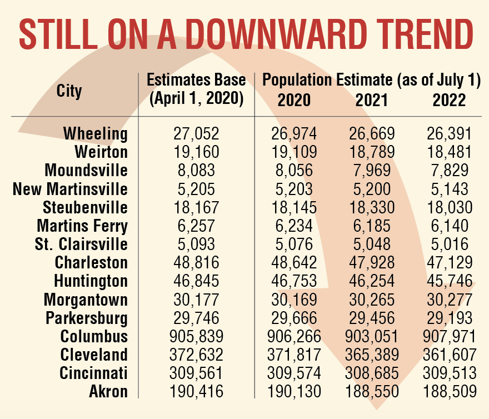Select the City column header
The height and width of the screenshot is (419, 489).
pyautogui.click(x=69, y=91)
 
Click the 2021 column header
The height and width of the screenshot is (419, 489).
pyautogui.click(x=372, y=100)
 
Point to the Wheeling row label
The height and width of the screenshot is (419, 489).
pyautogui.click(x=95, y=134)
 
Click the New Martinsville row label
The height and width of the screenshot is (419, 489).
pyautogui.click(x=70, y=189)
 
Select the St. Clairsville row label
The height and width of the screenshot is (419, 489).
pyautogui.click(x=82, y=244)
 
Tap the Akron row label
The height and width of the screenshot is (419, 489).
pyautogui.click(x=108, y=391)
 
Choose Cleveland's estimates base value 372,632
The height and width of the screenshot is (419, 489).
pyautogui.click(x=196, y=355)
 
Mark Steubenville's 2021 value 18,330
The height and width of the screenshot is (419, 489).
pyautogui.click(x=372, y=207)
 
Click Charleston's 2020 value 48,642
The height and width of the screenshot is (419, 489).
pyautogui.click(x=294, y=262)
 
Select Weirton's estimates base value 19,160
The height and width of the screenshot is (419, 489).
pyautogui.click(x=196, y=152)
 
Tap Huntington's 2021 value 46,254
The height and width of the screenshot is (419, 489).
pyautogui.click(x=372, y=281)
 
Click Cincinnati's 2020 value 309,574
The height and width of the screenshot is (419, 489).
pyautogui.click(x=294, y=373)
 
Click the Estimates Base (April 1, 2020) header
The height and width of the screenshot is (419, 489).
pyautogui.click(x=196, y=90)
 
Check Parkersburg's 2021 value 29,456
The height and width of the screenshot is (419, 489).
pyautogui.click(x=372, y=318)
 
